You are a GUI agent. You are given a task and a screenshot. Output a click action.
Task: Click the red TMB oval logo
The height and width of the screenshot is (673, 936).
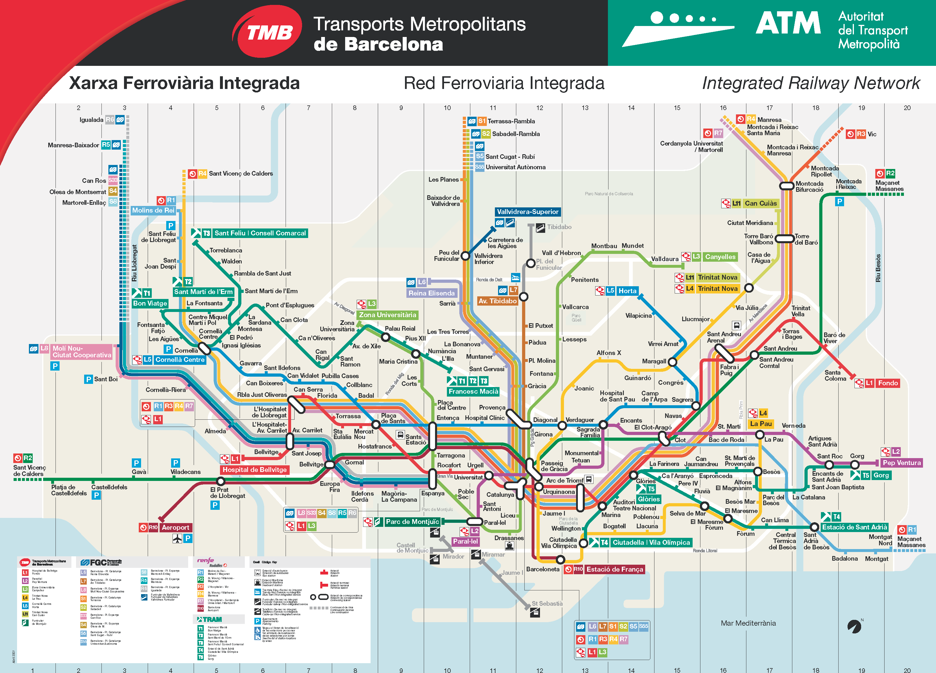point(267,31)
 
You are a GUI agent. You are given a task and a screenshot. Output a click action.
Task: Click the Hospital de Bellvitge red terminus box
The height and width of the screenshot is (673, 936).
point(254,470)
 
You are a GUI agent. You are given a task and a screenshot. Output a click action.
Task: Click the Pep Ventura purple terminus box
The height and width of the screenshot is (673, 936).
point(902,463)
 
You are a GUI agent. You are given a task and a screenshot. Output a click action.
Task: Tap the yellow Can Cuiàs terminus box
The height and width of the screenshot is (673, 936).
point(761,203)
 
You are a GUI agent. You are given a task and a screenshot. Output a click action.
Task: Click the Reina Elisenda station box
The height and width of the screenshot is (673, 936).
point(431,293)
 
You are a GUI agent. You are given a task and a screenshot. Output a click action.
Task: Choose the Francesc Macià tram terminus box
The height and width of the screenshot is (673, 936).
point(473,391)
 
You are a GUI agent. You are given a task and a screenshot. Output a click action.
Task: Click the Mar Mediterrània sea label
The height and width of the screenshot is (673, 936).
point(748,623)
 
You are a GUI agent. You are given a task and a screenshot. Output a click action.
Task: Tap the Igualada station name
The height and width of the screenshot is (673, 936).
point(91,120)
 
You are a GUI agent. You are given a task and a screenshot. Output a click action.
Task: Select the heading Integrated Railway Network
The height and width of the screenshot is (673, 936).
point(811,83)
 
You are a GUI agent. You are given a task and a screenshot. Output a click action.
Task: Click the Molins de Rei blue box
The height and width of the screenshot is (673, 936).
point(153,210)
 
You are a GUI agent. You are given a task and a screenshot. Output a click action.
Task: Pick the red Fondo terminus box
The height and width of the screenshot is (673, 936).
point(888,383)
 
